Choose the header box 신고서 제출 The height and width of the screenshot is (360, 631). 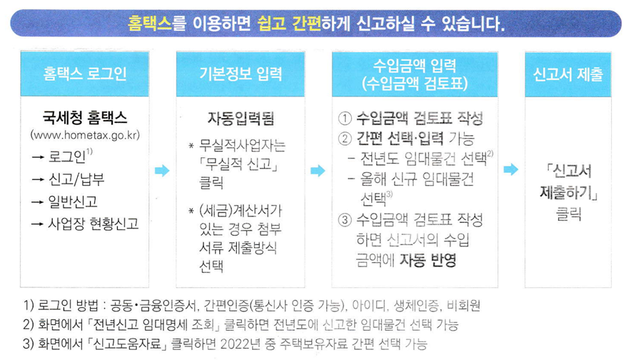pyautogui.click(x=567, y=74)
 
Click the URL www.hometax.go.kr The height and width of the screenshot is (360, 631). pyautogui.click(x=85, y=134)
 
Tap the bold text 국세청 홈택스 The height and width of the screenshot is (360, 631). pyautogui.click(x=85, y=117)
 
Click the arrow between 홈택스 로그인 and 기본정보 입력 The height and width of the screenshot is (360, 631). pyautogui.click(x=162, y=171)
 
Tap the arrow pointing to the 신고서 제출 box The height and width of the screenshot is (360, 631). pyautogui.click(x=510, y=170)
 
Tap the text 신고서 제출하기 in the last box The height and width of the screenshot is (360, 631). pyautogui.click(x=567, y=181)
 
